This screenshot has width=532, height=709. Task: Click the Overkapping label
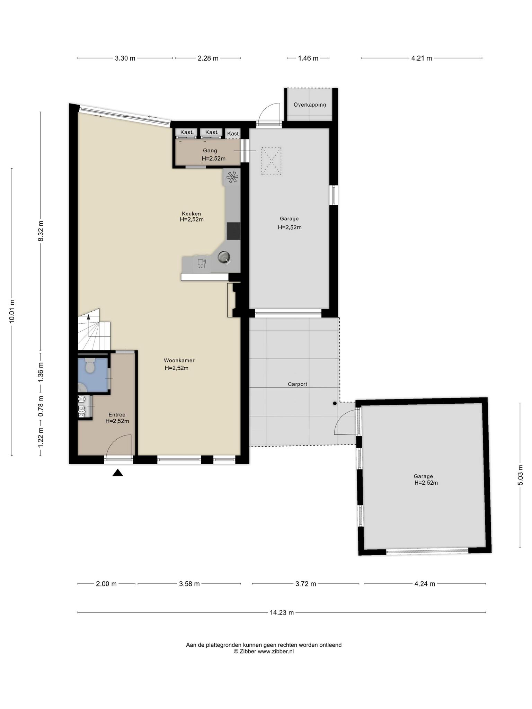310,105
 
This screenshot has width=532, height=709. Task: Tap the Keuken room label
192,214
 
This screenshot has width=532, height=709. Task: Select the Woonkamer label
179,360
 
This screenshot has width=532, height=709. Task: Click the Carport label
298,384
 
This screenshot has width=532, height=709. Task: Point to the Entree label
117,415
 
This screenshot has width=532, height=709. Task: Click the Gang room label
210,151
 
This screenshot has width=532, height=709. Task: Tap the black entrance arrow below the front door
118,473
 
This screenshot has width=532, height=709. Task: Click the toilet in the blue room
90,366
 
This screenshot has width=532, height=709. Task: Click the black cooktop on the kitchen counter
233,231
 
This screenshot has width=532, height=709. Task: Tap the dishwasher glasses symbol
202,264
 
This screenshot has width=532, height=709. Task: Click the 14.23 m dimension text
282,612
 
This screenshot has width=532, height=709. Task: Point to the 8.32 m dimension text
41,231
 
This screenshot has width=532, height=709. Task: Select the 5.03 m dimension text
520,475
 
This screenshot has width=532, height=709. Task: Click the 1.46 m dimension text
308,58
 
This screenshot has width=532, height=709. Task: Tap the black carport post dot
335,403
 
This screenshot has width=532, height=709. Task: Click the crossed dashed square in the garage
271,161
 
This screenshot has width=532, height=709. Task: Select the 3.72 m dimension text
305,584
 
